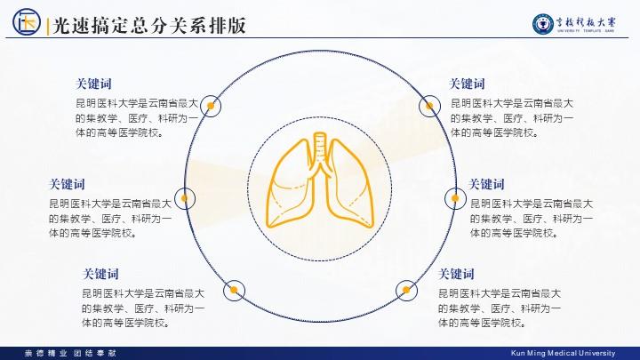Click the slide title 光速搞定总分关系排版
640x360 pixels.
(149, 25)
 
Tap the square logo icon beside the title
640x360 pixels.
(27, 22)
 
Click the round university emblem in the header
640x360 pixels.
(543, 24)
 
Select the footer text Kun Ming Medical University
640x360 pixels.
(563, 353)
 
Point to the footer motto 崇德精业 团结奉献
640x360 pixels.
(70, 353)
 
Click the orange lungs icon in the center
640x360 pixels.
(320, 180)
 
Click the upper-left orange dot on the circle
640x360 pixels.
(211, 106)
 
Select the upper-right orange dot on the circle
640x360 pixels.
(429, 106)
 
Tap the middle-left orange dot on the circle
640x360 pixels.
(185, 198)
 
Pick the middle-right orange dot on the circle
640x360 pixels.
(455, 198)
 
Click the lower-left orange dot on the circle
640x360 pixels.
(234, 290)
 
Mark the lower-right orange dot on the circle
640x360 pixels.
(406, 290)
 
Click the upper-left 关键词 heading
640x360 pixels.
(93, 84)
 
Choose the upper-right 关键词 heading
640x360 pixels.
(467, 84)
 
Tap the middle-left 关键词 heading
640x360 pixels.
(67, 185)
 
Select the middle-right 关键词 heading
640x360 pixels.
(486, 185)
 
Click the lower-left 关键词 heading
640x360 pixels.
(100, 274)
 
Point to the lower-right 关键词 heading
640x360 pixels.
(456, 274)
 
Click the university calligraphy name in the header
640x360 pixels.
(586, 22)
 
